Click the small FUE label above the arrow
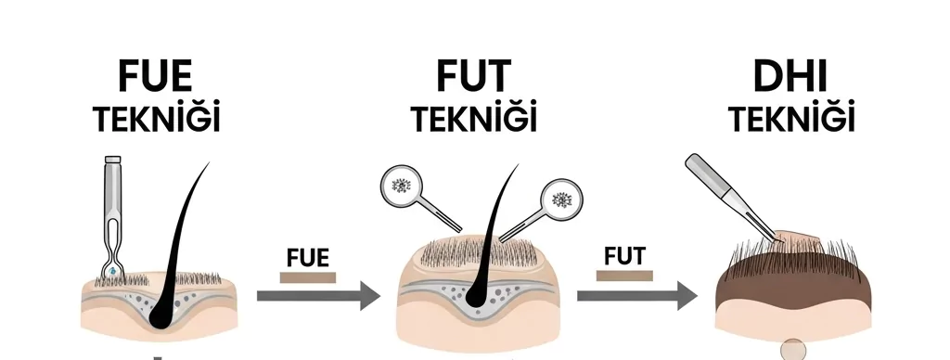[x=309, y=257]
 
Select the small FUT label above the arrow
[x=623, y=255]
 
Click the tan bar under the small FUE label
[x=308, y=276]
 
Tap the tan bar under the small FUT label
[x=623, y=276]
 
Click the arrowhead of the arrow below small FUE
[x=369, y=297]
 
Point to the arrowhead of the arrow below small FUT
[x=687, y=297]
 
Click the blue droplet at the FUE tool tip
[x=112, y=270]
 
